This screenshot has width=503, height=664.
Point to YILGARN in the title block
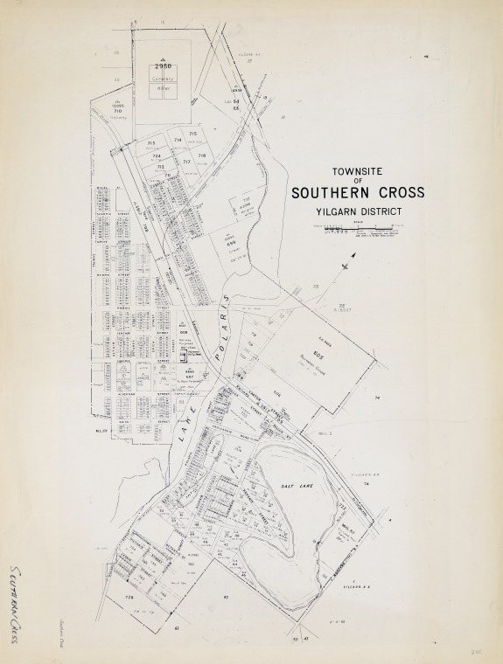336,211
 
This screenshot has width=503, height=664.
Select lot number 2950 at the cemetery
161,66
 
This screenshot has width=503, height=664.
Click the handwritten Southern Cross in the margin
17,603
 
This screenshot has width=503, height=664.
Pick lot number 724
157,156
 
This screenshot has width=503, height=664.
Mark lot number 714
178,140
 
